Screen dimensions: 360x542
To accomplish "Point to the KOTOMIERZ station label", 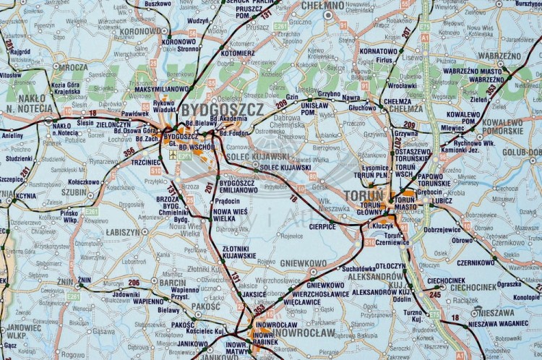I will [x=238, y=53].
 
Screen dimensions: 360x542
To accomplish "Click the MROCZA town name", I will [x=73, y=67].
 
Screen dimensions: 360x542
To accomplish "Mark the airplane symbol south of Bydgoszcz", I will [x=173, y=153].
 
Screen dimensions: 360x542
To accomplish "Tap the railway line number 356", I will [x=129, y=152].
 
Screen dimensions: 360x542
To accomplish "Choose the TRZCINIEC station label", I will [x=146, y=162].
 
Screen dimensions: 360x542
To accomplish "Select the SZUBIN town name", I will [x=73, y=192].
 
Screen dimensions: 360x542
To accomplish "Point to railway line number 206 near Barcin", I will [x=134, y=282].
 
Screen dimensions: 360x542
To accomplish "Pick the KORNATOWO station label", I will [x=379, y=51].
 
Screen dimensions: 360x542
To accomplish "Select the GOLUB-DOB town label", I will [x=522, y=153].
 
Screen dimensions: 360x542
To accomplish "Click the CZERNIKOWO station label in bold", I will [x=476, y=262].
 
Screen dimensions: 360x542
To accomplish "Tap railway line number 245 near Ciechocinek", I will [x=434, y=294].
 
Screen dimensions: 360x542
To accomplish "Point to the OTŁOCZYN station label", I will [x=390, y=265].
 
